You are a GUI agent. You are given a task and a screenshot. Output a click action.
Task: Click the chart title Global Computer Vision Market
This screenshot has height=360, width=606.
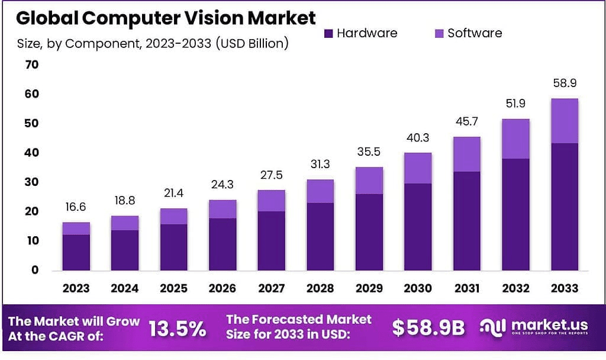click(x=166, y=18)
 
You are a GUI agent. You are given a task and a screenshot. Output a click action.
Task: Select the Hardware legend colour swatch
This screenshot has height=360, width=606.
click(x=329, y=34)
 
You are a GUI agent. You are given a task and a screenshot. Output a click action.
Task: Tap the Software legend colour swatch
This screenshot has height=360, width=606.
click(x=440, y=34)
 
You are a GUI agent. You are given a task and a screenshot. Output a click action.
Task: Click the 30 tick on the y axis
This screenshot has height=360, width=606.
click(x=31, y=182)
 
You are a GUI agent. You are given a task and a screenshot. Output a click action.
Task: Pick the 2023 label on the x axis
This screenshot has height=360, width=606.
click(x=76, y=288)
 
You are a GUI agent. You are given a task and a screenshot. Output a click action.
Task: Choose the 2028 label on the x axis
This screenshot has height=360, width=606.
click(x=320, y=288)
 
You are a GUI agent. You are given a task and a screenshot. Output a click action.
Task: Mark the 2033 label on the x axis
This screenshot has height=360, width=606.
click(x=564, y=288)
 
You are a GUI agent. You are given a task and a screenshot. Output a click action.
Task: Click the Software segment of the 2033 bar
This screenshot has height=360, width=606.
click(x=564, y=121)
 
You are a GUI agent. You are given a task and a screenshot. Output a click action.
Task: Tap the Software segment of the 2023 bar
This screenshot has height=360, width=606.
click(x=76, y=229)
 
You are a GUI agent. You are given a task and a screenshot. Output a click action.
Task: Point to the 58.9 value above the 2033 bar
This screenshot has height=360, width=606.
click(x=564, y=83)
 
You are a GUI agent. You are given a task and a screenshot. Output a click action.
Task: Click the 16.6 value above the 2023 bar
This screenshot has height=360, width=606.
click(x=76, y=207)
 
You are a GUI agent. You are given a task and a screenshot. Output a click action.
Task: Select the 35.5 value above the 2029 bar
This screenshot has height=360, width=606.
click(x=369, y=152)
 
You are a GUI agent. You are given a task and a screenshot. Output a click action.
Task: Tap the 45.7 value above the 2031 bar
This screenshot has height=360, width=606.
click(x=466, y=122)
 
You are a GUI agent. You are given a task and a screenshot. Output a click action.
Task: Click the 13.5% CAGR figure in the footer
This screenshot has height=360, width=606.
click(x=177, y=329)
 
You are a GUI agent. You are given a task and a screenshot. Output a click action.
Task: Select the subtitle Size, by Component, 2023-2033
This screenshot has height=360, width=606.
click(x=152, y=44)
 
